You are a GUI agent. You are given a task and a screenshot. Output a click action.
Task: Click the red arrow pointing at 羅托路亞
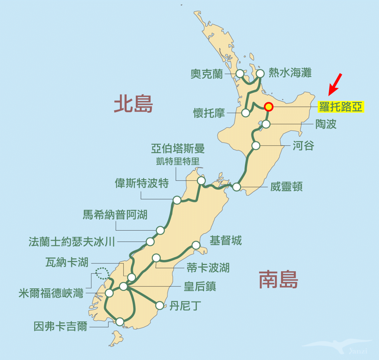point(335,84)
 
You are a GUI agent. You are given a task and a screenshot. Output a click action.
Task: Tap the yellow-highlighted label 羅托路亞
point(341,107)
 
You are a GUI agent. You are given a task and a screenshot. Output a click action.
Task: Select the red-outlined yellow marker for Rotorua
point(269,107)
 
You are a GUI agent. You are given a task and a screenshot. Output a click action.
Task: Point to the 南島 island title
point(278,279)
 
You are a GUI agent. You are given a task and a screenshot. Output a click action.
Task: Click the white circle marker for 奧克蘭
point(240,74)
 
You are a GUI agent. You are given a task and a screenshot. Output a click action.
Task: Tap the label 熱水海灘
point(290,73)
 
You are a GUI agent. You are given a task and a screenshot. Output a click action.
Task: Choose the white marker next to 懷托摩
point(245,113)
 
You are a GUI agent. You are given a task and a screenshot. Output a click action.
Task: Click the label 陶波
point(326,124)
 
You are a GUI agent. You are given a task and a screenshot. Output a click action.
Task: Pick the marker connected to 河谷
point(256,146)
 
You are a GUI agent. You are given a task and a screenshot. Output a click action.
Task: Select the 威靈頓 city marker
point(237,187)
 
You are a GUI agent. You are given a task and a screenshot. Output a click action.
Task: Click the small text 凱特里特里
point(178,161)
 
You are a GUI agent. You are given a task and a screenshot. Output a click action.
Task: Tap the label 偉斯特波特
point(142,183)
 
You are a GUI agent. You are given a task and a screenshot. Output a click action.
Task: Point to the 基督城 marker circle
point(196,245)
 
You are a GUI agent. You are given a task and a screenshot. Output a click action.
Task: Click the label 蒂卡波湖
point(208,268)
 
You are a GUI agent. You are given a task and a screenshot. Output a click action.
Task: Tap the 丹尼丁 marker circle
point(160,305)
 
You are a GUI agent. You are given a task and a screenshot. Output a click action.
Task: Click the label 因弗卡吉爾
point(60,326)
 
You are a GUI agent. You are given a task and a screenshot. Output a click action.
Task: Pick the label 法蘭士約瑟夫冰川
point(72,242)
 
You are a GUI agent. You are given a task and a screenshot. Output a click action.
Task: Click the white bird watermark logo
point(340,346)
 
